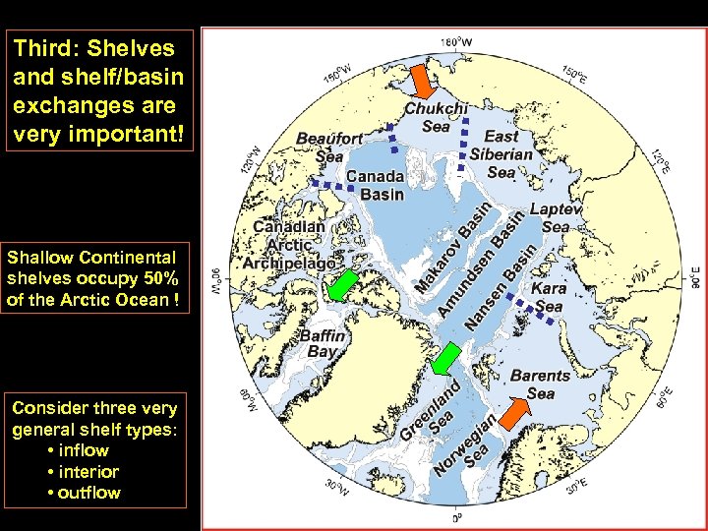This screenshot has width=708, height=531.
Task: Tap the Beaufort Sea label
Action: [329, 147]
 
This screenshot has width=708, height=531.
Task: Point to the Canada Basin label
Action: [375, 184]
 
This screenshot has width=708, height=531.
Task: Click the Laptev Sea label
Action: [556, 217]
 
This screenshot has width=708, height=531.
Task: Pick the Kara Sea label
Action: [548, 298]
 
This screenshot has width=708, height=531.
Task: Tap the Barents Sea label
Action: [540, 384]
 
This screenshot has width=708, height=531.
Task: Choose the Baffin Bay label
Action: [324, 343]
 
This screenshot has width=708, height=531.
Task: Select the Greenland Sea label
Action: [430, 412]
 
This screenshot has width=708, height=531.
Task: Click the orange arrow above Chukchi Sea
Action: [420, 80]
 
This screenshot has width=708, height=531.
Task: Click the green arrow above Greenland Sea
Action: [447, 358]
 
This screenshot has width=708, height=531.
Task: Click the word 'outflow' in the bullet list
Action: [89, 493]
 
